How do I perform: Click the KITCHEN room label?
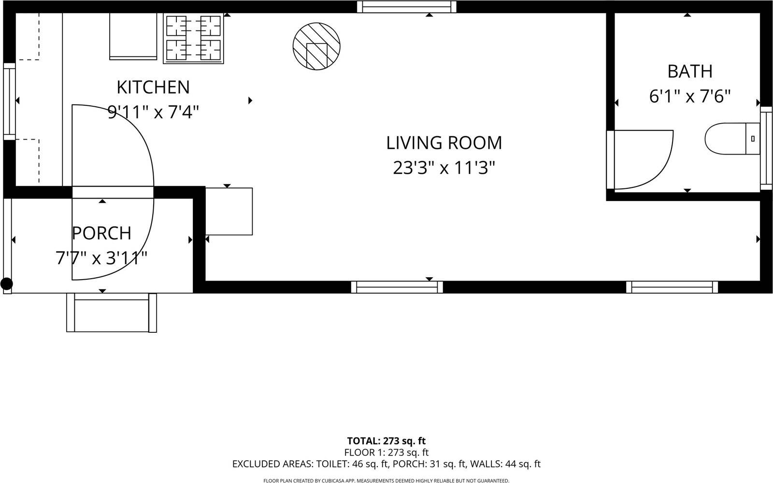[153, 87]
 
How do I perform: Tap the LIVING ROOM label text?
[444, 143]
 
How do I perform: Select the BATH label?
[689, 71]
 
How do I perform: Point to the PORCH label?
[101, 233]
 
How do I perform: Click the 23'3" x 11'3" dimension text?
[444, 168]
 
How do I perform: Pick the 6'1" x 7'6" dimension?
[689, 97]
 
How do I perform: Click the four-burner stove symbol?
[194, 39]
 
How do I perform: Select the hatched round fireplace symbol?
[316, 46]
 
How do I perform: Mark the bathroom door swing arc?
[647, 159]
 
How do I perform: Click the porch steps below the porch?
[112, 313]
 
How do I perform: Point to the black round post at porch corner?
[6, 284]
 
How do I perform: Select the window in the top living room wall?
[407, 7]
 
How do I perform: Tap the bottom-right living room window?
[672, 287]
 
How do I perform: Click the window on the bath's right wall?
[766, 148]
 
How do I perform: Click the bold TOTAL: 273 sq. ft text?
[386, 441]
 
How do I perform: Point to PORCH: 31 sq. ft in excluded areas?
[429, 465]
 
